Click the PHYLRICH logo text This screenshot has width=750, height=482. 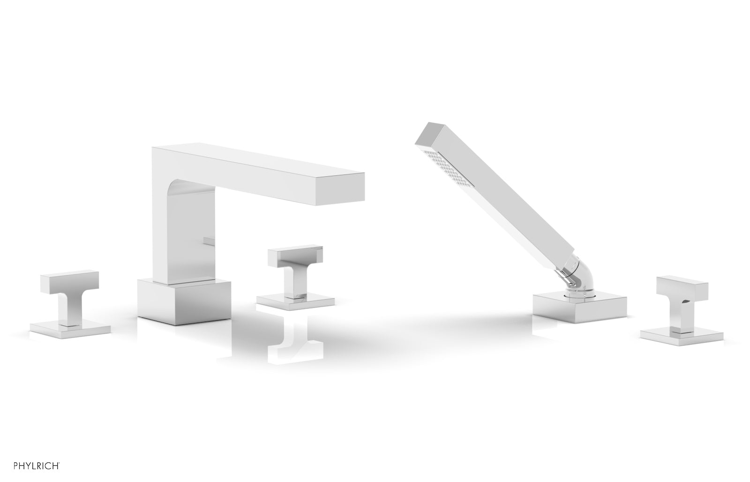coord(37,466)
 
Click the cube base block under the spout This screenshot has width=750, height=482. coord(184,301)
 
